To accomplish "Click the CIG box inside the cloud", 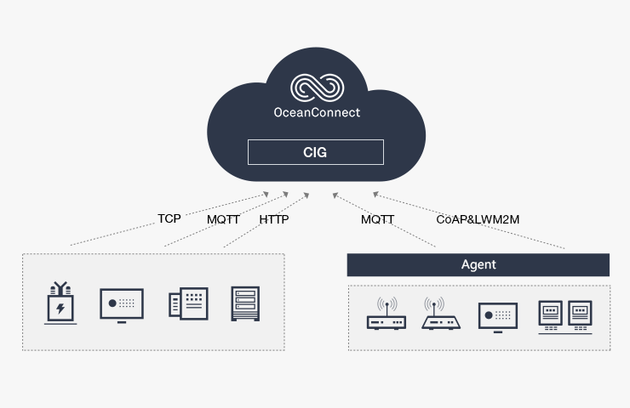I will (315, 153).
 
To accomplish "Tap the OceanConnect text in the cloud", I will (315, 112).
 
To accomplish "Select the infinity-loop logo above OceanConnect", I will (316, 88).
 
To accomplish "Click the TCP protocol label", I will (169, 218).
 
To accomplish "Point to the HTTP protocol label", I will (274, 219).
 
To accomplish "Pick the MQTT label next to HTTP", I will (224, 219).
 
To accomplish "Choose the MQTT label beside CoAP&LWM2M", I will (377, 219).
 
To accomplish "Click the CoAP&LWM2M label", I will (478, 219).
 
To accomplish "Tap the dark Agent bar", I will (478, 264).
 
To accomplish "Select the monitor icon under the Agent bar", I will (497, 315).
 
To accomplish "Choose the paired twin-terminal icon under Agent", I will (564, 315).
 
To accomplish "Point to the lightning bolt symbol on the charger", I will (60, 307).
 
